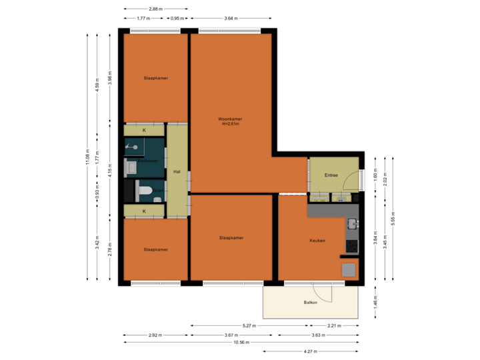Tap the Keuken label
[x=317, y=240]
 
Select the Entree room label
[x=331, y=175]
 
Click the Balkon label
[x=311, y=301]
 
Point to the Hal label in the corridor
[x=177, y=171]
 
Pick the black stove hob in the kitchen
[x=351, y=246]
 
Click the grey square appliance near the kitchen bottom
[x=349, y=269]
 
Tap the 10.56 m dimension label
[x=241, y=342]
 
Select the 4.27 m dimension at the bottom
[x=311, y=351]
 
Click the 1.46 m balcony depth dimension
[x=375, y=303]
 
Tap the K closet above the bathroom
[x=144, y=130]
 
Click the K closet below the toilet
[x=144, y=211]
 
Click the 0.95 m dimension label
[x=177, y=19]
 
